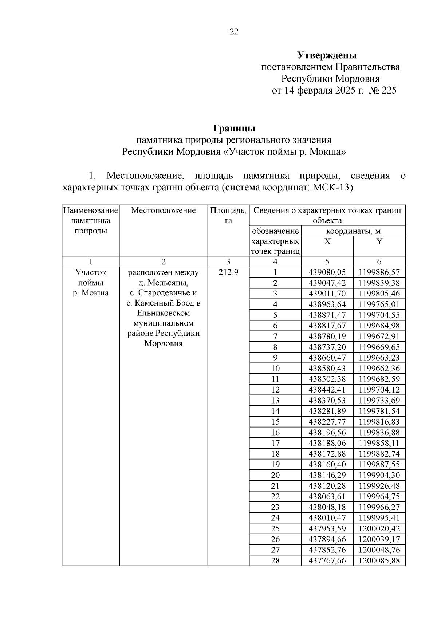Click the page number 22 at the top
pos(234,32)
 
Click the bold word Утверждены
pos(327,55)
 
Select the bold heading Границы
pos(234,129)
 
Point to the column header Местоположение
pos(164,210)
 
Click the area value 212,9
pos(228,272)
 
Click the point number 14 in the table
pos(275,411)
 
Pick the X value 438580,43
pos(327,369)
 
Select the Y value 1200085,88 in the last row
pos(379,560)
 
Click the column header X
pos(327,241)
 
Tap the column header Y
pos(379,241)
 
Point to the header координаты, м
pos(353,231)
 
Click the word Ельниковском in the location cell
pos(164,313)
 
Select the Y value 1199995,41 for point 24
pos(379,518)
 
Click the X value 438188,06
pos(327,443)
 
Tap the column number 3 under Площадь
pos(228,261)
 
